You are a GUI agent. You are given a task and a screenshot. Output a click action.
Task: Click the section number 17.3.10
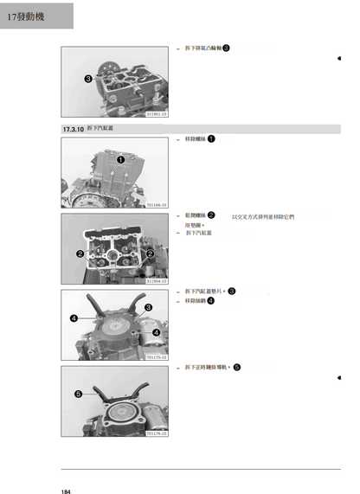point(73,129)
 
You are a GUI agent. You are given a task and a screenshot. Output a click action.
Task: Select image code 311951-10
point(157,113)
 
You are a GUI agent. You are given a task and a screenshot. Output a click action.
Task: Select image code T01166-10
point(157,205)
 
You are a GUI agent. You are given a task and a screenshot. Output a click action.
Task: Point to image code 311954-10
point(157,281)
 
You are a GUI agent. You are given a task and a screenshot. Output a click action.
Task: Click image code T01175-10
point(157,356)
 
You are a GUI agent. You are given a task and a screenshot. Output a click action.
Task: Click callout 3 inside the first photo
point(88,79)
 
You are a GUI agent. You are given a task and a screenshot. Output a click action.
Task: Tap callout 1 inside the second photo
point(121,159)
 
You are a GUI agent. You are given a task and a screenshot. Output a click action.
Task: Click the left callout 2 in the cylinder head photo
point(80,253)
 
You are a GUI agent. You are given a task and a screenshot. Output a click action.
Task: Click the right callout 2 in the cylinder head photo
point(151,253)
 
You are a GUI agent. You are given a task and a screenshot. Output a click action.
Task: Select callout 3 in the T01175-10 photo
point(148,307)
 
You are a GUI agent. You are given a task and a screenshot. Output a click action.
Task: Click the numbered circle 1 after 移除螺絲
point(212,138)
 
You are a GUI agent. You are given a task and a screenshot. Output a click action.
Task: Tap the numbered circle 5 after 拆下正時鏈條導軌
point(237,367)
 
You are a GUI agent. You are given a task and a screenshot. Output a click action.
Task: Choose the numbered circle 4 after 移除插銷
point(212,300)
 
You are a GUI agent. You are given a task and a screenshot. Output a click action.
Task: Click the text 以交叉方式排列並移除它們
point(264,216)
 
